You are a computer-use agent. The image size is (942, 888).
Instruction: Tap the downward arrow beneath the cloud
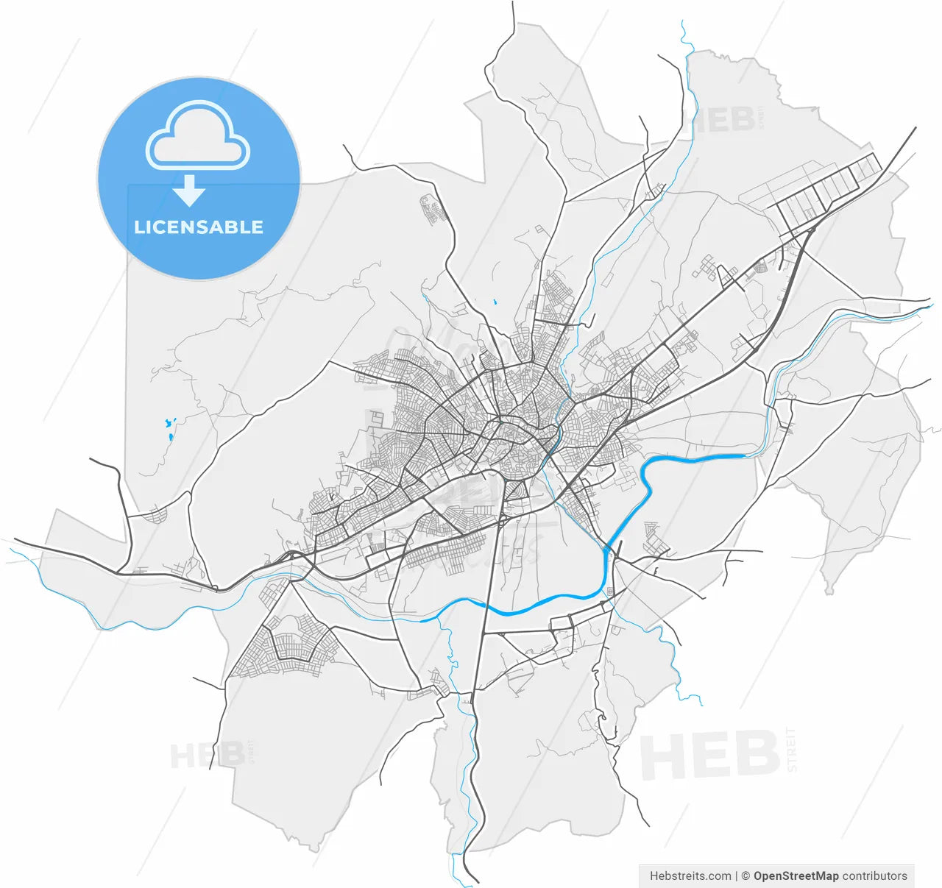(x=189, y=191)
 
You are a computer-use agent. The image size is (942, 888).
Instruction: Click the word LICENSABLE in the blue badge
(x=198, y=227)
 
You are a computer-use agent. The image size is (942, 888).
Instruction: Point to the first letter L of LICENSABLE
(x=138, y=227)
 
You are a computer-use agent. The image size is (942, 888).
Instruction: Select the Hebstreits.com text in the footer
(x=690, y=875)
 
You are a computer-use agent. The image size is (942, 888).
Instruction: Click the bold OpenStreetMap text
(x=796, y=875)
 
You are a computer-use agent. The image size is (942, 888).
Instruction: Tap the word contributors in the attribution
(x=874, y=875)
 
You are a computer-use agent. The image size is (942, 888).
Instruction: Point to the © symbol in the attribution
(x=746, y=875)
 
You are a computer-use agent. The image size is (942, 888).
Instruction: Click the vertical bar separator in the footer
(x=736, y=875)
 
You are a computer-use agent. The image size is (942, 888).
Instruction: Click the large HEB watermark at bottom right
(x=709, y=755)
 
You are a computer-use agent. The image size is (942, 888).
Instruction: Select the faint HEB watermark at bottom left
(x=208, y=755)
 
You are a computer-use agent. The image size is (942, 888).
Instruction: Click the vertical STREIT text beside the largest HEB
(x=791, y=749)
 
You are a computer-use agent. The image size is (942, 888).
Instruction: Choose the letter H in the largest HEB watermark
(x=664, y=756)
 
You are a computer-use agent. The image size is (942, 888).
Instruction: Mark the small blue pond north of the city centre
(x=495, y=302)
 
